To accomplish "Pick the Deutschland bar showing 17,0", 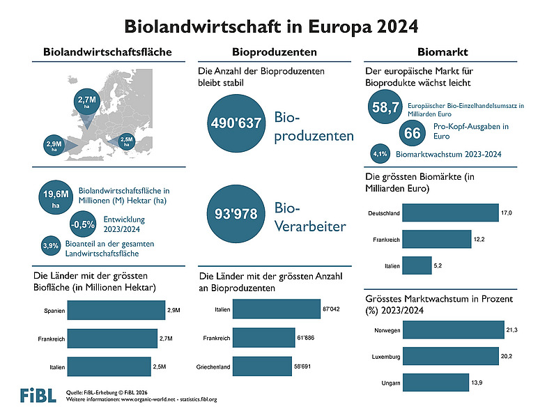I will (x=450, y=212).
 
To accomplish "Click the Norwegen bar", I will (x=453, y=329).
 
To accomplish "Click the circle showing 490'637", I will (x=236, y=123).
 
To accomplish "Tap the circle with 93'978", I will (x=236, y=214).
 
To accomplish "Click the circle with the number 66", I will (x=411, y=132).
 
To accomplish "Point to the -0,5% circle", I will (x=83, y=224).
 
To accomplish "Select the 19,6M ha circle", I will (x=55, y=200).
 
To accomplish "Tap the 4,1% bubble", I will (x=380, y=153).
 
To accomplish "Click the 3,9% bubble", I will (x=50, y=245).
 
